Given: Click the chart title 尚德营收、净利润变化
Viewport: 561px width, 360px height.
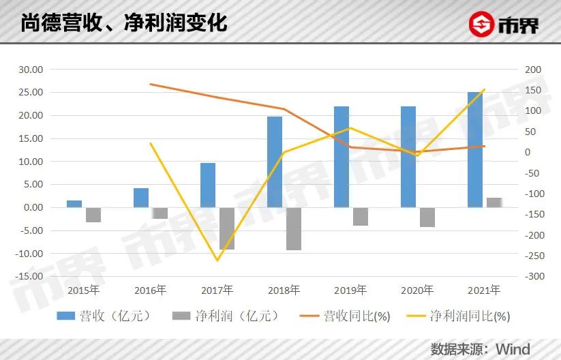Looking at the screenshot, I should [x=123, y=25].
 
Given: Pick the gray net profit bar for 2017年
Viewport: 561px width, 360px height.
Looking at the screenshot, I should [x=227, y=228].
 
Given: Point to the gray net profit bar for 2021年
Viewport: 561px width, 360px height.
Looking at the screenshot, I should [x=494, y=202].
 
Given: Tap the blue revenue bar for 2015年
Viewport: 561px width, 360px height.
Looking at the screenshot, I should [x=74, y=204].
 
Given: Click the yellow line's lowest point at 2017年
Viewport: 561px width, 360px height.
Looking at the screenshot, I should [x=217, y=260].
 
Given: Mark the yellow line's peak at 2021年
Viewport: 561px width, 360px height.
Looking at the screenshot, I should [x=484, y=89].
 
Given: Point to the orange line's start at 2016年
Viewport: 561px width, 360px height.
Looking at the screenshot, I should [x=151, y=84].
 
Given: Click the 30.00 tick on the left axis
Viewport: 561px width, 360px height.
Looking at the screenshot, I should [x=30, y=70].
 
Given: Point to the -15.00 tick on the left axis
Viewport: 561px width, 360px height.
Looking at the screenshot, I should [x=28, y=277].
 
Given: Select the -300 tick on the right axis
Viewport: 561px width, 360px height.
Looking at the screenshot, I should [x=534, y=277].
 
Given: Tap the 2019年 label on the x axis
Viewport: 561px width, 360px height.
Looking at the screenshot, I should [x=350, y=290].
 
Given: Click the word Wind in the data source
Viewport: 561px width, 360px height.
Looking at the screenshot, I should [x=513, y=349].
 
